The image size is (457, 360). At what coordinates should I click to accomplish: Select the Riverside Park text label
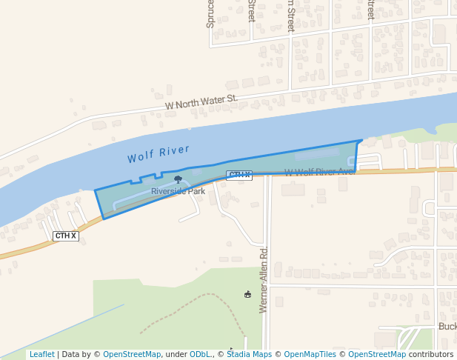pos(178,191)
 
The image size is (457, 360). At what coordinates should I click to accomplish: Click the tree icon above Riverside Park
pos(178,179)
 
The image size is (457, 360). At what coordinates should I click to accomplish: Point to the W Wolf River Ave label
pos(319,172)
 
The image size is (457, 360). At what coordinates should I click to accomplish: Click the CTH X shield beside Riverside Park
pos(238,175)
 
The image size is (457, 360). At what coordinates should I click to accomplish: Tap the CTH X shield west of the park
pos(65,236)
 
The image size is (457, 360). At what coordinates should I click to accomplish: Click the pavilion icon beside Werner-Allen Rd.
pos(247,294)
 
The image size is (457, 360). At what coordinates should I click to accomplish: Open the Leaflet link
pos(41,354)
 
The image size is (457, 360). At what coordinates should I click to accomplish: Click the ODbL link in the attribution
pos(199,354)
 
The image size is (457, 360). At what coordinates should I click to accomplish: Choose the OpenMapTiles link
pos(311,354)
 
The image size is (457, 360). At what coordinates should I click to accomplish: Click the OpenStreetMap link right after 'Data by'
pos(132,354)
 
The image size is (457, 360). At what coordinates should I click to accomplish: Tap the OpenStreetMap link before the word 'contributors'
pos(377,354)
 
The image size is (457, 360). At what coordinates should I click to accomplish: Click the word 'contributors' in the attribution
pos(431,354)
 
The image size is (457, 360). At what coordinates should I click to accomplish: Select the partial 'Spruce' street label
pos(210,14)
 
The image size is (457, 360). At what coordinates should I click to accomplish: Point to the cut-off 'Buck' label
pos(447,326)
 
